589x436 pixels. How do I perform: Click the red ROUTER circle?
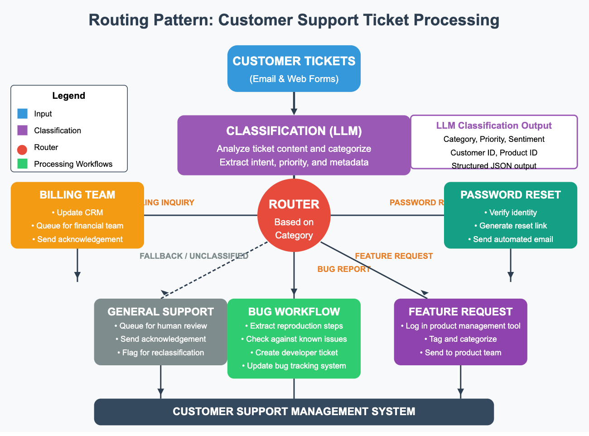click(x=294, y=216)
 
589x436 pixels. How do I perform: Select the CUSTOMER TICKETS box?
click(x=294, y=68)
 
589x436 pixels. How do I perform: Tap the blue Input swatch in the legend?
click(x=22, y=114)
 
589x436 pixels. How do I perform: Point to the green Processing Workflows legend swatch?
click(x=22, y=164)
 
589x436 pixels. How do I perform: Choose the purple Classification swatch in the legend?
click(x=22, y=131)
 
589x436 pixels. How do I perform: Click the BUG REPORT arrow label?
click(x=344, y=269)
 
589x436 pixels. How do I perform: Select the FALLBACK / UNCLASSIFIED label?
click(x=194, y=256)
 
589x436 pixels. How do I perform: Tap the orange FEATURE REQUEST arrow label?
click(x=394, y=256)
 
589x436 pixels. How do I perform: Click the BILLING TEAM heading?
click(x=77, y=195)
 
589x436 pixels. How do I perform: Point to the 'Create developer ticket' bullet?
click(x=296, y=353)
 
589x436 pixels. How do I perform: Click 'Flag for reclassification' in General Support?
click(x=163, y=353)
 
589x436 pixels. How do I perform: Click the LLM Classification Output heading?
click(x=494, y=126)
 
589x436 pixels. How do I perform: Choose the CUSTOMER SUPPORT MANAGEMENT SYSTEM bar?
click(x=294, y=412)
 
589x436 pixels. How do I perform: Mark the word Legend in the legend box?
click(x=69, y=96)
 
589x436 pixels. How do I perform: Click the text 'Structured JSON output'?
click(x=494, y=166)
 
